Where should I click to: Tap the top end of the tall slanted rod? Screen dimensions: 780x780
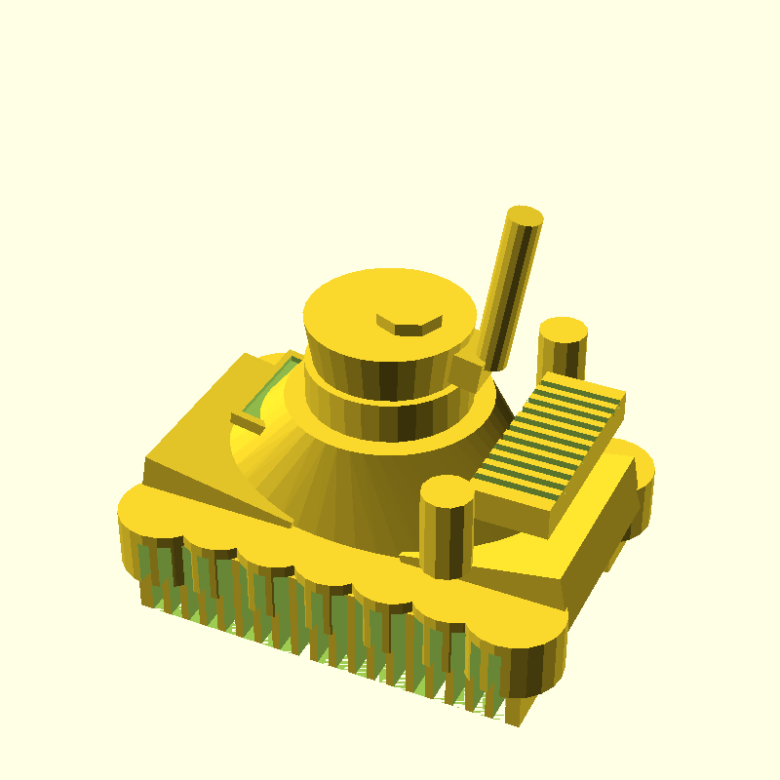(525, 215)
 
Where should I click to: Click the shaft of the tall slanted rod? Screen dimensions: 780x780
(509, 292)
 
